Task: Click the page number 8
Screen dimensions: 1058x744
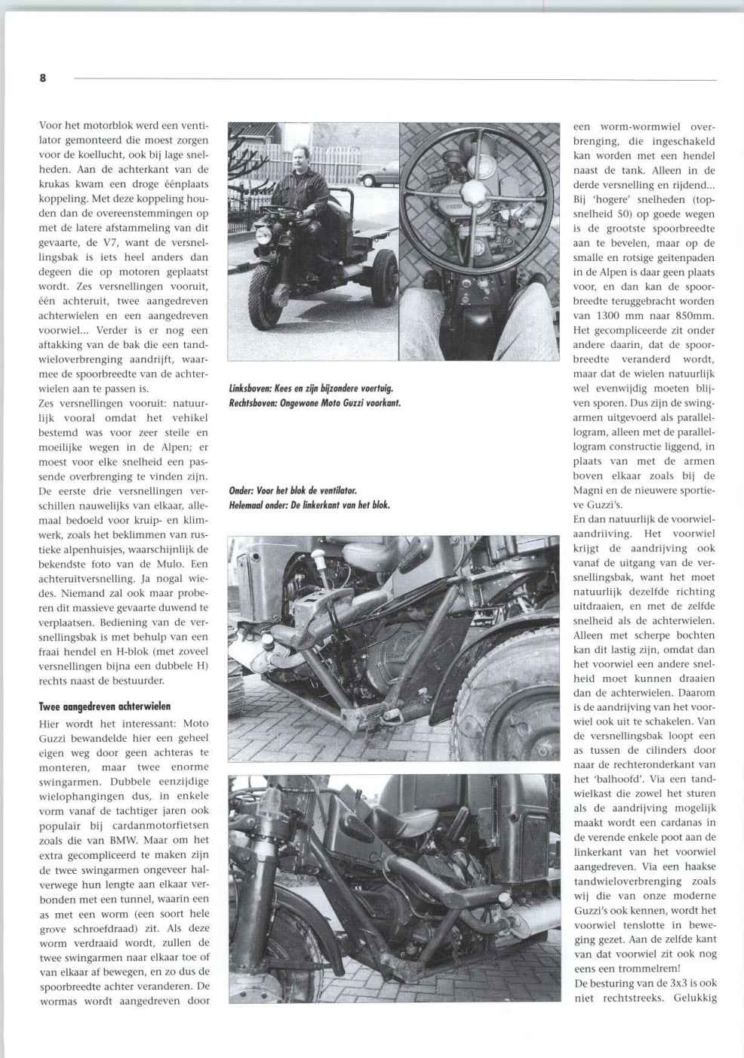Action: pyautogui.click(x=42, y=78)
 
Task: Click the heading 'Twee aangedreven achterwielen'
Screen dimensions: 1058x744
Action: pyautogui.click(x=105, y=706)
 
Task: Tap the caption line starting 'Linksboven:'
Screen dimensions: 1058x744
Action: pyautogui.click(x=311, y=389)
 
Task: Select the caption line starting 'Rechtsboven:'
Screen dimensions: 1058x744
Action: pyautogui.click(x=314, y=402)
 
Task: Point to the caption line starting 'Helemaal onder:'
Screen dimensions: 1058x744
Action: pyautogui.click(x=309, y=505)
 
